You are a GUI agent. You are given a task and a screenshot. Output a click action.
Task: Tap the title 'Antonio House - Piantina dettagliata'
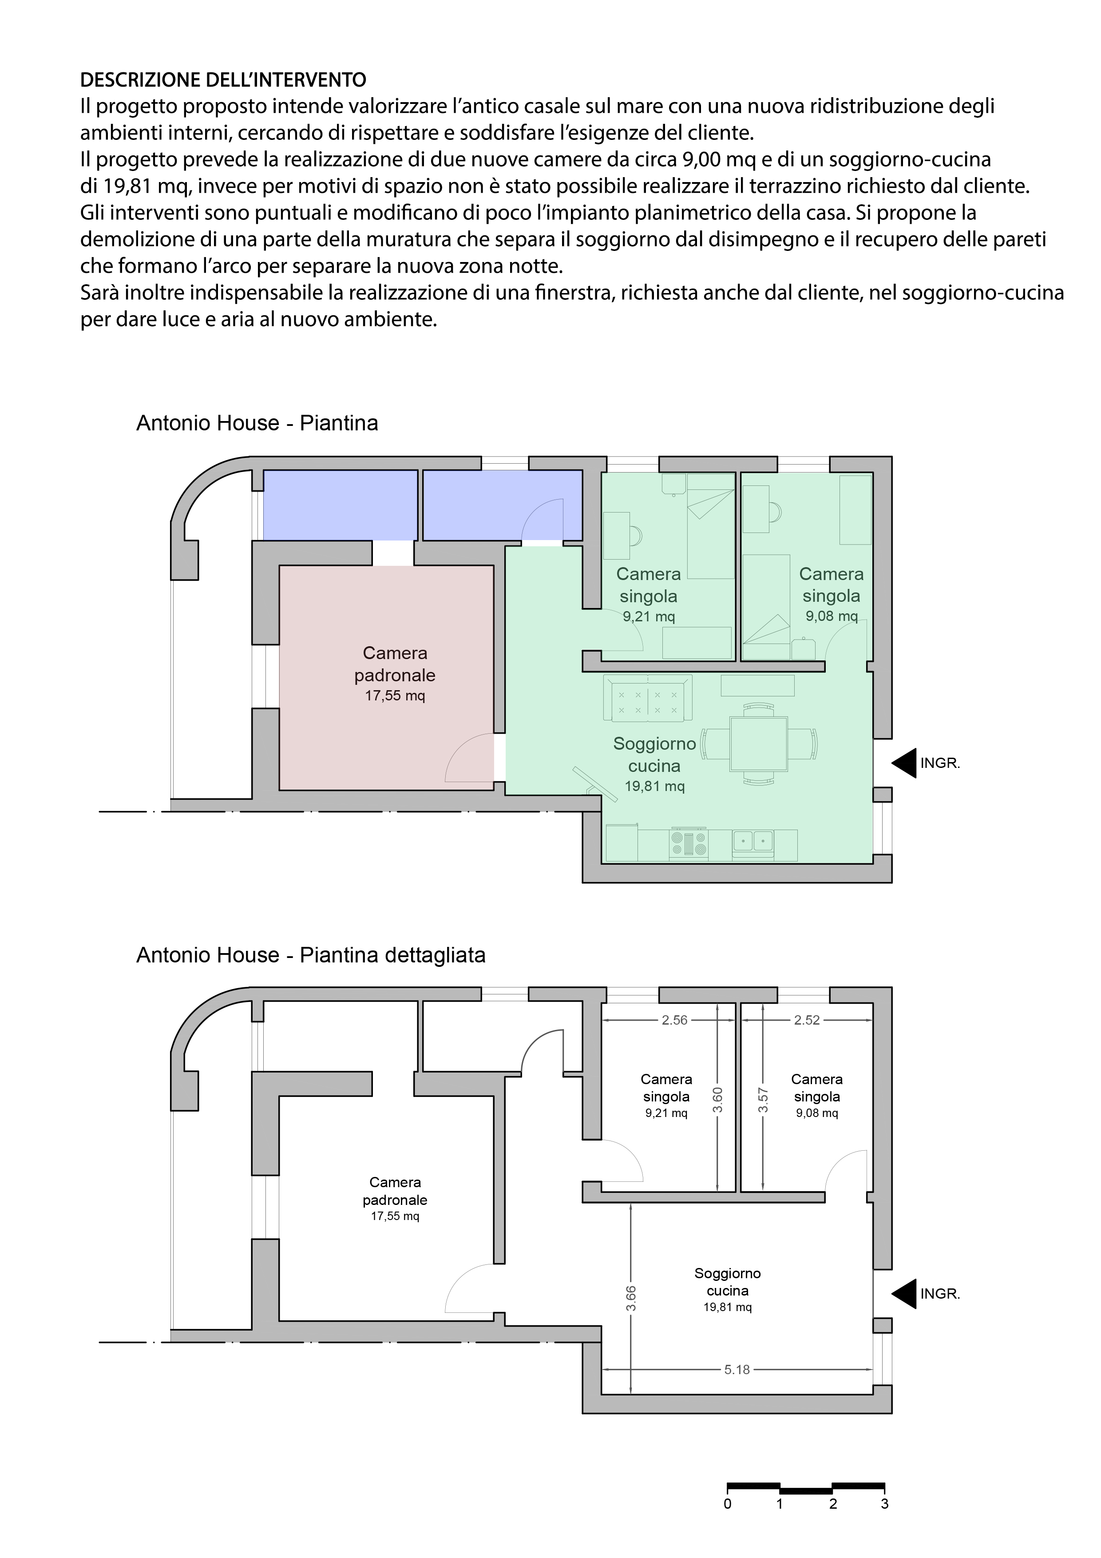311,955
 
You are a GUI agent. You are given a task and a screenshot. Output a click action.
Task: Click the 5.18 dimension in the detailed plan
737,1369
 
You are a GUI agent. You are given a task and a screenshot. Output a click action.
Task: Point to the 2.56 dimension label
674,1020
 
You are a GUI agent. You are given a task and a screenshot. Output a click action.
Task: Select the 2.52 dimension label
807,1020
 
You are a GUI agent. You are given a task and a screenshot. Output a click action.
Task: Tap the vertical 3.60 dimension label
718,1100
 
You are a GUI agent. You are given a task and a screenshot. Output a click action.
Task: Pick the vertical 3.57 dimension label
763,1100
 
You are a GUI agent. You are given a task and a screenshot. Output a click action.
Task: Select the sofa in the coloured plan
648,699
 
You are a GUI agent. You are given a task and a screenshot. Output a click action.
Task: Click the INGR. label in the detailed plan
939,1294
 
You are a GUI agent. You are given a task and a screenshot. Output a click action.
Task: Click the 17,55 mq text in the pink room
395,696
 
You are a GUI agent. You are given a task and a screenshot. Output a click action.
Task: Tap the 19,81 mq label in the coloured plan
655,787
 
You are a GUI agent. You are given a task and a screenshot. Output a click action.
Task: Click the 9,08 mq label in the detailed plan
817,1113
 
